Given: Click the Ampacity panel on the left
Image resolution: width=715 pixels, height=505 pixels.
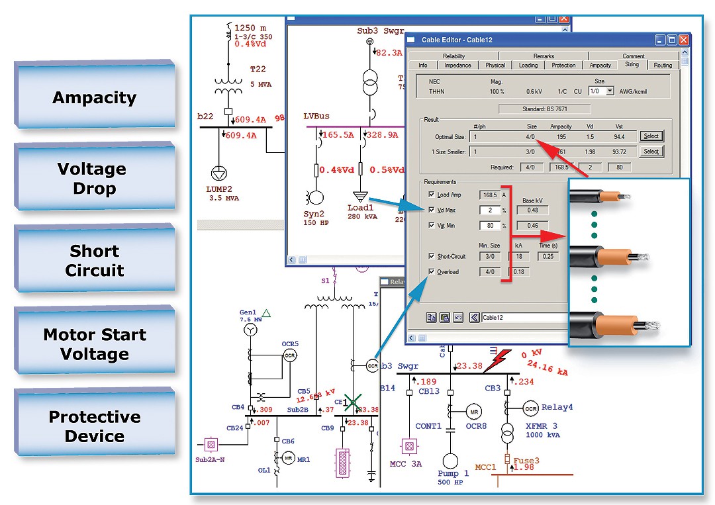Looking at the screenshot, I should coord(94,97).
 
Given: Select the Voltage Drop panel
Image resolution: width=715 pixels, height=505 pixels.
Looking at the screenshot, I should coord(94,178).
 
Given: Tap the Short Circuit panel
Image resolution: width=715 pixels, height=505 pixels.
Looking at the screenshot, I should coord(94,260).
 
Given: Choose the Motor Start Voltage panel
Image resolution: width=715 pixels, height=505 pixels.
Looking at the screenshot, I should coord(94,344).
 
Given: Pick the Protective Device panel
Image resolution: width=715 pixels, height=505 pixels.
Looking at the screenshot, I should coord(94,426).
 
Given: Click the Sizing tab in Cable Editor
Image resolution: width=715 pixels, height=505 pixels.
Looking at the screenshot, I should coord(632,65).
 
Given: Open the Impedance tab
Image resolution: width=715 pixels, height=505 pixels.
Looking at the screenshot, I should coord(457,65).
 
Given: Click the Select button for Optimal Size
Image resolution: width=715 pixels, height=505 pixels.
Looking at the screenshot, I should coord(651,136).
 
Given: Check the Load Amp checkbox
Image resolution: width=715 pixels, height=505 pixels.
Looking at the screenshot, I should coord(432,195).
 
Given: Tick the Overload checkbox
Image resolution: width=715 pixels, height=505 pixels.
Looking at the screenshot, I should coord(432,271).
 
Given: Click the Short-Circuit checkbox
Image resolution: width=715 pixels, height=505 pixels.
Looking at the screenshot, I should coord(432,256).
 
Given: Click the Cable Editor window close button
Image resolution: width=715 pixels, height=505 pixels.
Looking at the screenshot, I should coord(683,40).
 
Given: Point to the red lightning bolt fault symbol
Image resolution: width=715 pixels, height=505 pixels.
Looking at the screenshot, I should coord(497,360).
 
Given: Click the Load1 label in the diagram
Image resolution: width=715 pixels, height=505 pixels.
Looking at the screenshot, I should coord(360,207).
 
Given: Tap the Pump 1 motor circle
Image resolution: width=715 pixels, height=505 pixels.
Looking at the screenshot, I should coord(450,462).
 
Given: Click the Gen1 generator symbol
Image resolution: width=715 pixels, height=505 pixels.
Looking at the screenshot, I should coord(250,330).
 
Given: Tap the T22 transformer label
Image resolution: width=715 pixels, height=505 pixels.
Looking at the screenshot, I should coord(258,69).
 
